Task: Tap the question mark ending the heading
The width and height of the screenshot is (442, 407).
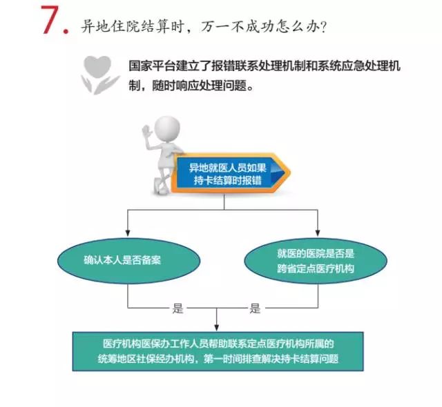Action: tap(324, 28)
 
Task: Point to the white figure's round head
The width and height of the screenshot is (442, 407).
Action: tap(167, 127)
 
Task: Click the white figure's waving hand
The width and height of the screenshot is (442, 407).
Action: tap(147, 132)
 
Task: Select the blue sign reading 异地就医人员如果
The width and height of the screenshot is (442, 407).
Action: tap(227, 173)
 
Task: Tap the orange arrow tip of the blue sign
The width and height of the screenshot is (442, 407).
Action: tap(288, 173)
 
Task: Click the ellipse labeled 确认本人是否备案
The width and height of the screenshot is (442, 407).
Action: tap(129, 260)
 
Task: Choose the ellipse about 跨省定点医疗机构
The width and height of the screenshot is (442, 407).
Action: tap(316, 261)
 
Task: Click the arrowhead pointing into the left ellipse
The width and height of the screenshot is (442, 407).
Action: tap(128, 233)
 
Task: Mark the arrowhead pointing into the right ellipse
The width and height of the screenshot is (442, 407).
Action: tap(318, 233)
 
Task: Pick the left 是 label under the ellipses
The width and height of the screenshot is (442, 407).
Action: tap(178, 308)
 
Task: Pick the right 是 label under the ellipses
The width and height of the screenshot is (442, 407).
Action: tap(255, 308)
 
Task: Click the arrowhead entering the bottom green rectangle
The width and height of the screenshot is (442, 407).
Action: tap(216, 328)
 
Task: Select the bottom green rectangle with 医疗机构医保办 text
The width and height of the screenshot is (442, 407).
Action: tap(218, 352)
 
